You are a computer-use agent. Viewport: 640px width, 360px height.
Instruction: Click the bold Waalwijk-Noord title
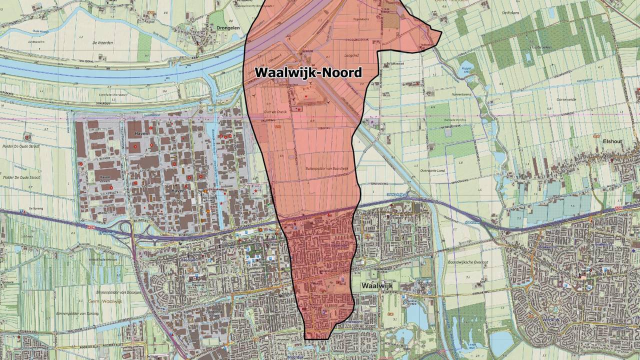[308, 72]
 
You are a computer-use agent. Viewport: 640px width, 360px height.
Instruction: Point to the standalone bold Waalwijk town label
[376, 285]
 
